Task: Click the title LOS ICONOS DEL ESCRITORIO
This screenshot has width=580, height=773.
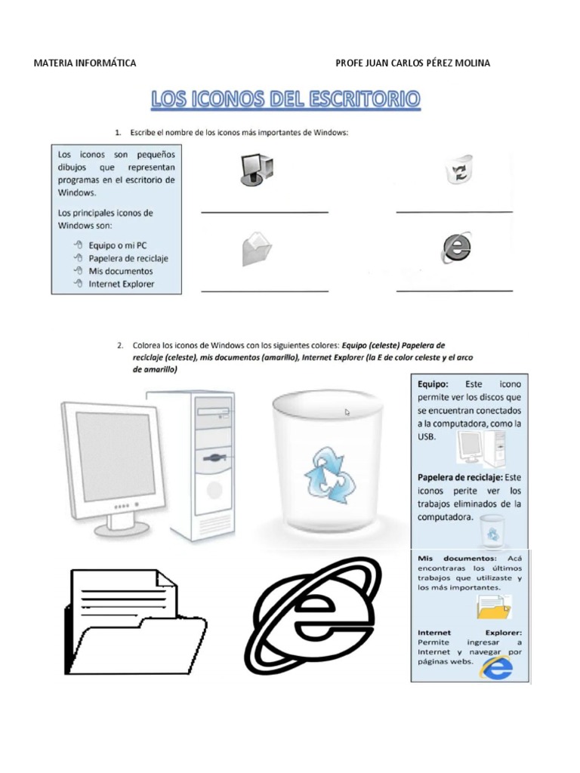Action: tap(285, 100)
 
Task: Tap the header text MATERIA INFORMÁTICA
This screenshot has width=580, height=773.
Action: tap(85, 63)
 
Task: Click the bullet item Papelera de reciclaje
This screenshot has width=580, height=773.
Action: tap(128, 258)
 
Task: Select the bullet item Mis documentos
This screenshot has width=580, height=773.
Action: tap(120, 271)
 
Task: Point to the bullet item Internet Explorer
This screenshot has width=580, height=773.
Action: tap(121, 284)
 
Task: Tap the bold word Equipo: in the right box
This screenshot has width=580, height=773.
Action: tap(433, 383)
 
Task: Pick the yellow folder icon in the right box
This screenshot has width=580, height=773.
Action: tap(493, 606)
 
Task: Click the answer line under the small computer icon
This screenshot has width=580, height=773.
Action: tap(264, 213)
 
